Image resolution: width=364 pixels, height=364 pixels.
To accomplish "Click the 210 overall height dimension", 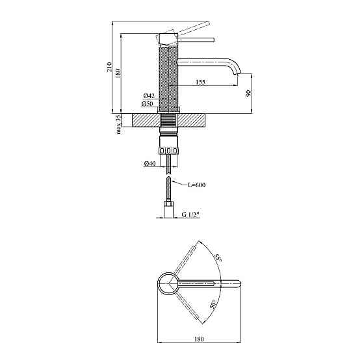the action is pos(110,67).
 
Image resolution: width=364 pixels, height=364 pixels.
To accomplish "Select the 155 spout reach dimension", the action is pos(200,82).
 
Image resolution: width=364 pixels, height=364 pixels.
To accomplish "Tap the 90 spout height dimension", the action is pos(248,93).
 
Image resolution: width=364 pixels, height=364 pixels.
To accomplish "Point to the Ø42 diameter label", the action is pos(149,96).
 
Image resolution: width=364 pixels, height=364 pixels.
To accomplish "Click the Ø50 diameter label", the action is pos(147,103).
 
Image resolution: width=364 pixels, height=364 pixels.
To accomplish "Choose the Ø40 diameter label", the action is pos(149,163).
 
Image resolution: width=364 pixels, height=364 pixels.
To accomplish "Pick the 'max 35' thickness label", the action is pos(118,124).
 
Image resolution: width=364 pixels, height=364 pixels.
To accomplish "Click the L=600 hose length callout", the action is pos(196,185).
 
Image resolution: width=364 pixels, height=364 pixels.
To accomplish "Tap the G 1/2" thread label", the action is pos(190,214).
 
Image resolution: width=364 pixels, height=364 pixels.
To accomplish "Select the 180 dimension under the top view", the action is pos(199,339).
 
